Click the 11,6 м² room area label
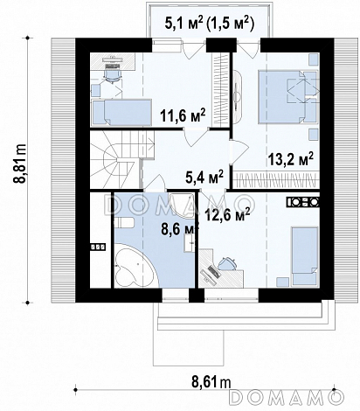point(183,116)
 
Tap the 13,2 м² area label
point(290,159)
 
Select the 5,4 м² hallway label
point(204,178)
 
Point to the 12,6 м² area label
point(227,214)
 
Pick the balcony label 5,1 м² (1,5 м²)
point(210,23)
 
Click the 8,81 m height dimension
point(20,164)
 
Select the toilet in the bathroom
point(123,223)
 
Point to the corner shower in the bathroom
point(182,205)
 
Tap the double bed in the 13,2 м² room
point(287,97)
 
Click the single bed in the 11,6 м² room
point(121,113)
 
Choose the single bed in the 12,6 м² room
point(305,256)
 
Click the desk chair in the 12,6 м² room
point(227,264)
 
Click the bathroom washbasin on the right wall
point(189,242)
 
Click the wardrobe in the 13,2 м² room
point(276,180)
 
